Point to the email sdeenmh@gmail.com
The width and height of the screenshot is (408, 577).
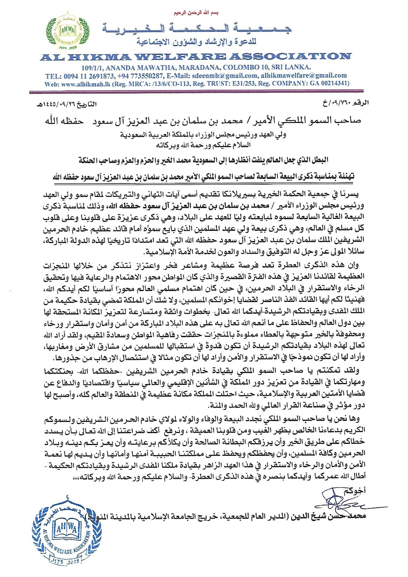225,76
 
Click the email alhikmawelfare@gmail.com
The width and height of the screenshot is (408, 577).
304,76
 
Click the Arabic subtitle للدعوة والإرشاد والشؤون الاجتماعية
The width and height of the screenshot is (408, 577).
196,42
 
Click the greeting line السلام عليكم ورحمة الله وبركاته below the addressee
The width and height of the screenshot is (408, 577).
203,145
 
